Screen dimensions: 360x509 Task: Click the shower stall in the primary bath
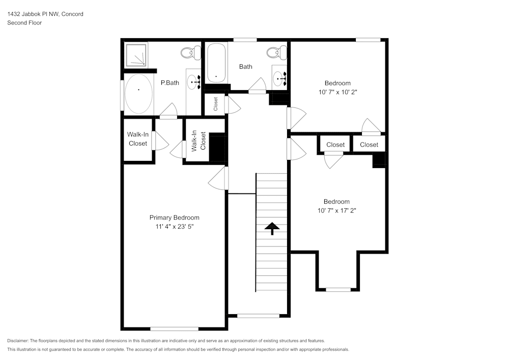coord(136,54)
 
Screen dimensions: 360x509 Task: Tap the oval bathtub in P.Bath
coord(138,94)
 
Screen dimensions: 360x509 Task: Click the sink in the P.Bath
coord(194,81)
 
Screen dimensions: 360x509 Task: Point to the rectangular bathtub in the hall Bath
coord(216,64)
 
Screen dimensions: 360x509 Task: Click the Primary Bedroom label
coord(174,217)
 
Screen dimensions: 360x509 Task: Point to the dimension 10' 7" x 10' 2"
coord(337,92)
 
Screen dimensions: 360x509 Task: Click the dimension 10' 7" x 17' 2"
coord(336,210)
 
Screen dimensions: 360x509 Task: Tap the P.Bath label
coord(169,82)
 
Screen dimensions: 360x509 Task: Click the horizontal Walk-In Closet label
coord(137,139)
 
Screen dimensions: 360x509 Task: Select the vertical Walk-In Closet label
coord(198,141)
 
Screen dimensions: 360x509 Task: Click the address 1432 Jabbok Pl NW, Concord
coord(45,14)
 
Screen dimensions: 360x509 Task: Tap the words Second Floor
coord(24,23)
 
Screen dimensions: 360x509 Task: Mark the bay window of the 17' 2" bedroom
coord(338,289)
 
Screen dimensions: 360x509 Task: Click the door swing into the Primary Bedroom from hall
coord(219,178)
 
